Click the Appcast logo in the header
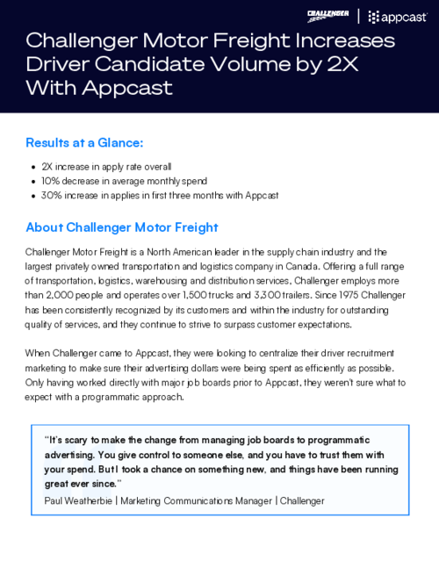click(396, 15)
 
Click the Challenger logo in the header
click(328, 14)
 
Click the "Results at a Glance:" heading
click(84, 142)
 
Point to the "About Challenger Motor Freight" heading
click(122, 227)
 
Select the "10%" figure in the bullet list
click(52, 181)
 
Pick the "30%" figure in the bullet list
click(53, 195)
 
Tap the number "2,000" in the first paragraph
click(67, 297)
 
